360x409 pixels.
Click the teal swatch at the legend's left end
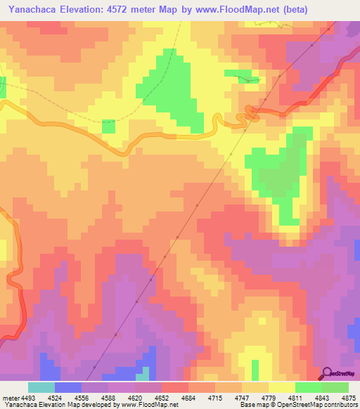tap(41, 387)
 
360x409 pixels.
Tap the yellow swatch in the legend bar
tap(281, 387)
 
